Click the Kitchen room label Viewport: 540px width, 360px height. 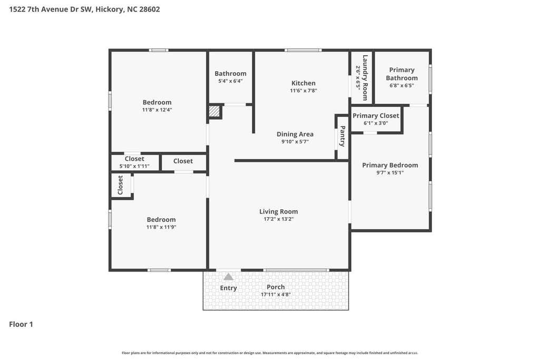(303, 83)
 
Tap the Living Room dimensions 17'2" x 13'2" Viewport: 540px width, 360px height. (278, 219)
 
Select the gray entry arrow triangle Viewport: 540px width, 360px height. (228, 277)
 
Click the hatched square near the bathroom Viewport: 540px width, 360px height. (214, 111)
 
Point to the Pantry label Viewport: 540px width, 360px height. (343, 137)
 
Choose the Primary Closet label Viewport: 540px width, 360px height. (375, 115)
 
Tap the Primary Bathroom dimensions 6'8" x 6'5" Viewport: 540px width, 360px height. (401, 85)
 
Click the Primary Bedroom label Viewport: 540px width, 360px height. (390, 165)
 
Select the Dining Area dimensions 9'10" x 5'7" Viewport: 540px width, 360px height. (295, 141)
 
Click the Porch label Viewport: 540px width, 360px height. (276, 287)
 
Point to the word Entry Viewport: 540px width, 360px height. (228, 288)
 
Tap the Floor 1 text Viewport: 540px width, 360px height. (21, 324)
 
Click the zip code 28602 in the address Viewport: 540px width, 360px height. (149, 9)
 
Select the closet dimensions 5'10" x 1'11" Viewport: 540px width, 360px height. (134, 166)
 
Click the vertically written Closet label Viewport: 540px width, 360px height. (120, 185)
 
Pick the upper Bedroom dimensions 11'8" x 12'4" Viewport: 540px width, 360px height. (157, 110)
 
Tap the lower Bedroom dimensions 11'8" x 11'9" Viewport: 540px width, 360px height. (161, 227)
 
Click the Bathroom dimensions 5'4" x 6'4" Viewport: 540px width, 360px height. (230, 81)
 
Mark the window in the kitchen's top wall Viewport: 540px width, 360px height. (303, 50)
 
